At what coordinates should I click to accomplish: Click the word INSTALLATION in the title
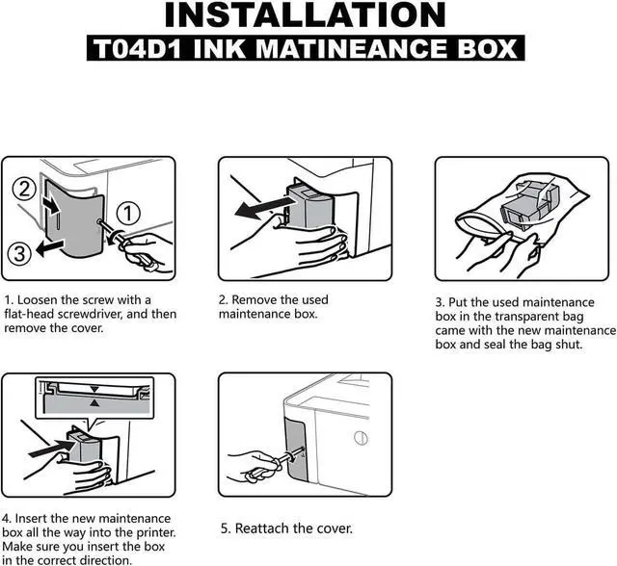tap(307, 16)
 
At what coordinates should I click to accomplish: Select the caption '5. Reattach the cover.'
tap(286, 528)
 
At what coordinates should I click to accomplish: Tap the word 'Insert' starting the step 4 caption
tap(35, 519)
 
